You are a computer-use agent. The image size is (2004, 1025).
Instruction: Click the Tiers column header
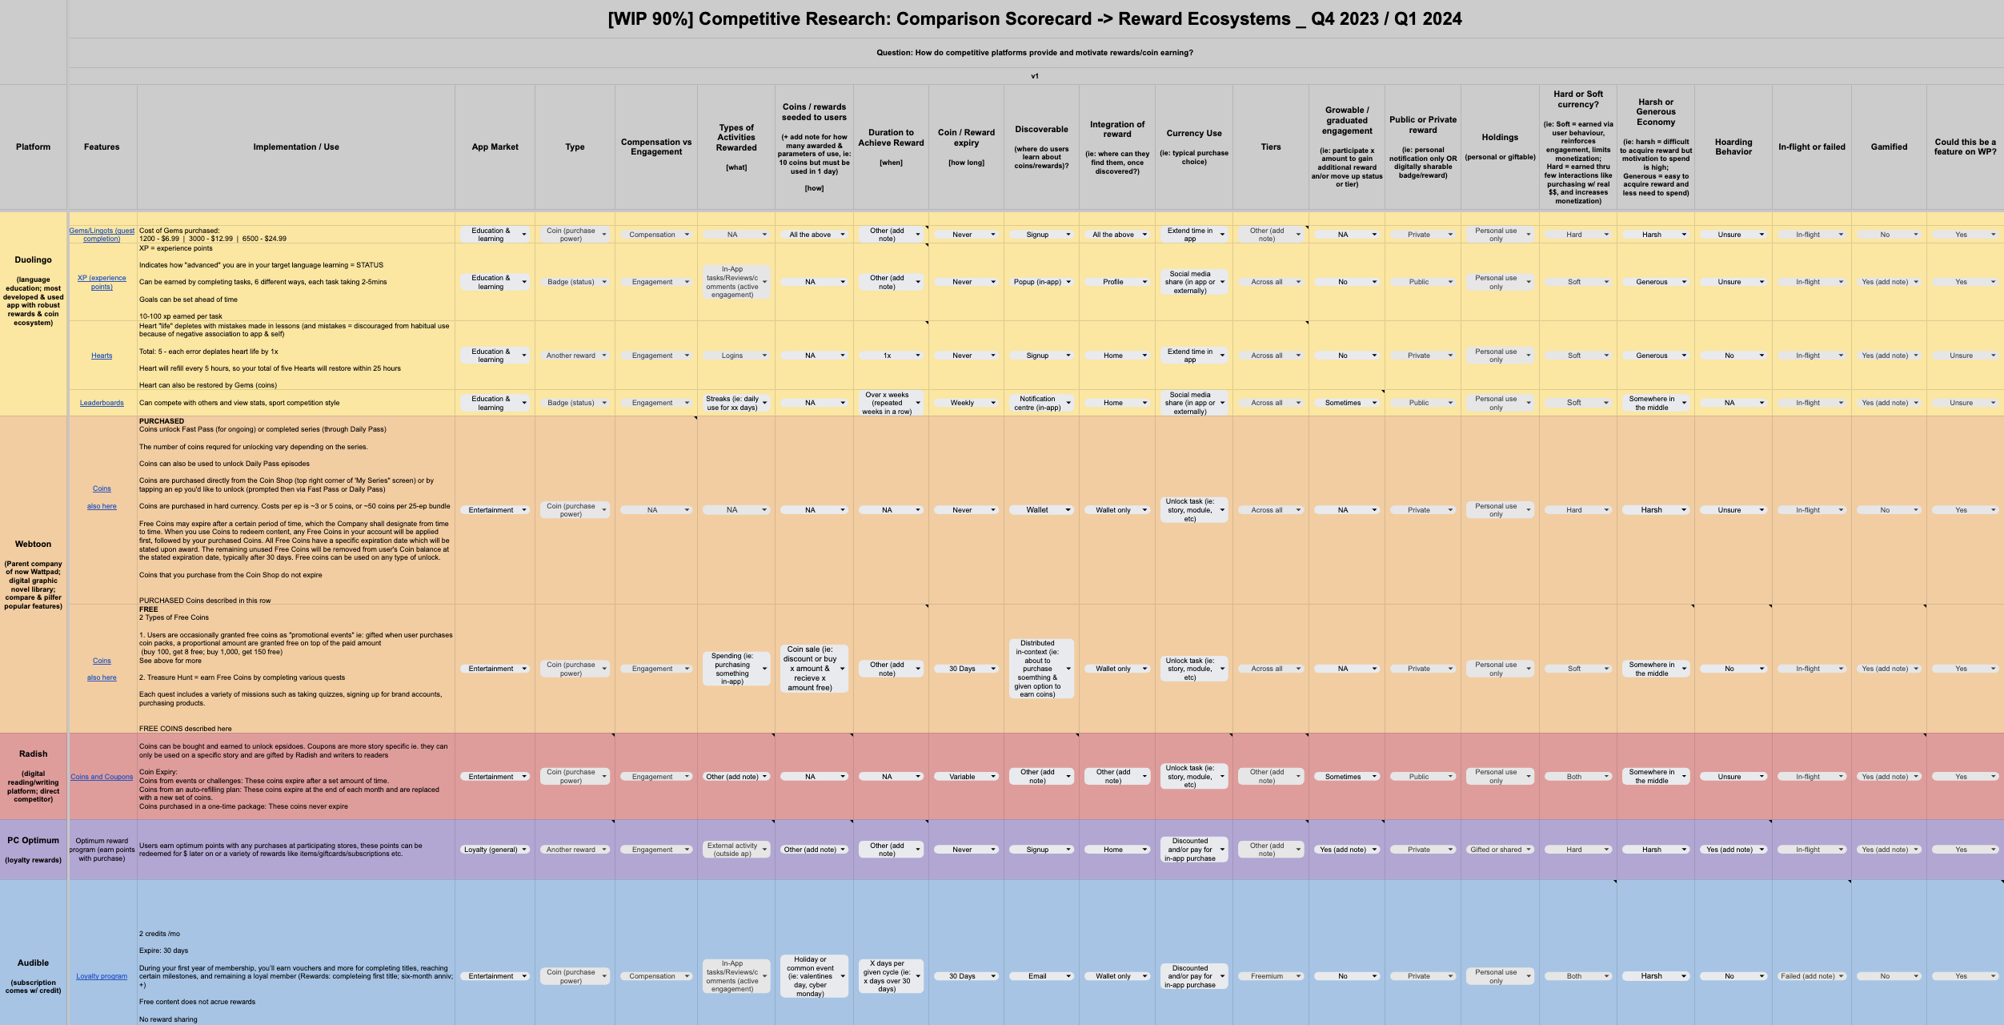(x=1271, y=147)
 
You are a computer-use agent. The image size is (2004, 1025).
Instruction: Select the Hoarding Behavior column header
(x=1733, y=147)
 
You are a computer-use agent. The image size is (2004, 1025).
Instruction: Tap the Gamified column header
(x=1889, y=147)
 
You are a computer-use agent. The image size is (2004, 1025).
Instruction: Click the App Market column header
(x=495, y=147)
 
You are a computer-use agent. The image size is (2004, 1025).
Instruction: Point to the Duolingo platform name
(x=33, y=259)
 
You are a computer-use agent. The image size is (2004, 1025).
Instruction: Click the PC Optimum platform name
(x=33, y=840)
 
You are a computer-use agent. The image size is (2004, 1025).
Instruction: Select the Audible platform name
(x=33, y=963)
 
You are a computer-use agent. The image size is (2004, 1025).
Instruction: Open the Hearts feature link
(x=102, y=356)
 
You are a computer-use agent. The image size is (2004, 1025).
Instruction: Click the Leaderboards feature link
(x=102, y=403)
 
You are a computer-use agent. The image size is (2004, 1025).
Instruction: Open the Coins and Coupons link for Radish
(x=102, y=777)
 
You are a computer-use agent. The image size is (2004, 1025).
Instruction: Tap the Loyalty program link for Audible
(x=102, y=976)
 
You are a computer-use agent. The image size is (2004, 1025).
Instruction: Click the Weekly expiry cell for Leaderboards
(x=962, y=403)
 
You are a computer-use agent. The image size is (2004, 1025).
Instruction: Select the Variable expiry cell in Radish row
(x=962, y=777)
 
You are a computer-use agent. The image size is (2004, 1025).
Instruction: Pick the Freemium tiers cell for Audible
(x=1267, y=976)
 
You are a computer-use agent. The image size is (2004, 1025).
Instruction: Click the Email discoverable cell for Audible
(x=1037, y=976)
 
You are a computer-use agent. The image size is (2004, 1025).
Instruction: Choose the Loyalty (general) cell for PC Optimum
(x=491, y=850)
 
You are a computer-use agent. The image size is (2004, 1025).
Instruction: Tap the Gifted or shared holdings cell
(x=1496, y=850)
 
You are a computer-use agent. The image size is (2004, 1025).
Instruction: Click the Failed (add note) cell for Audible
(x=1807, y=976)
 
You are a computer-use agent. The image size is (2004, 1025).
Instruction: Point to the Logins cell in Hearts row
(x=731, y=356)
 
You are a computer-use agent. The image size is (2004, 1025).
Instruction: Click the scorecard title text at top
(x=1034, y=19)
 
